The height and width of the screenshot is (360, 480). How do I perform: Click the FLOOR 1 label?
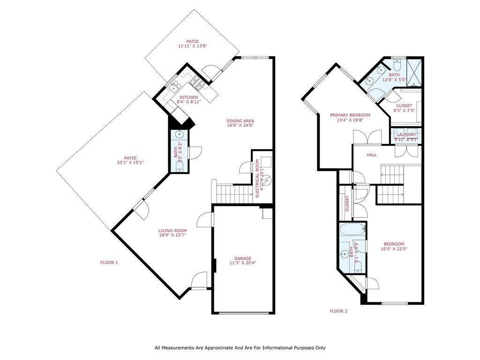pyautogui.click(x=109, y=262)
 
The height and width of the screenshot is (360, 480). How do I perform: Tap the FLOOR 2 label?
pyautogui.click(x=338, y=311)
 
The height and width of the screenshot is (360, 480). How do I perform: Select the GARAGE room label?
pyautogui.click(x=243, y=258)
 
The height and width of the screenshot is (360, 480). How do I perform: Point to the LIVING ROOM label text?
pyautogui.click(x=172, y=231)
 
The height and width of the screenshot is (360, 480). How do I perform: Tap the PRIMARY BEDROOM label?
pyautogui.click(x=350, y=115)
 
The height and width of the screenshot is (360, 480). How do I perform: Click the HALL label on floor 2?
pyautogui.click(x=372, y=155)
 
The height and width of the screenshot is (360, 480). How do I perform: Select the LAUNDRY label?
pyautogui.click(x=406, y=135)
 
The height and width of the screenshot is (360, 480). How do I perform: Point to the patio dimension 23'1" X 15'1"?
pyautogui.click(x=130, y=163)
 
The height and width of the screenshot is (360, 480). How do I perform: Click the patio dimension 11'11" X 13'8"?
pyautogui.click(x=192, y=46)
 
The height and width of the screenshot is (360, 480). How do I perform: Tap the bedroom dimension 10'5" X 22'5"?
pyautogui.click(x=394, y=249)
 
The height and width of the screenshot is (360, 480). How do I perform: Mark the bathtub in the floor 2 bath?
pyautogui.click(x=352, y=230)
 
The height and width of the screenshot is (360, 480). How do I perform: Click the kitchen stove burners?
pyautogui.click(x=195, y=85)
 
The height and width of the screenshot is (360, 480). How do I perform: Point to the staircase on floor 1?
pyautogui.click(x=231, y=193)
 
